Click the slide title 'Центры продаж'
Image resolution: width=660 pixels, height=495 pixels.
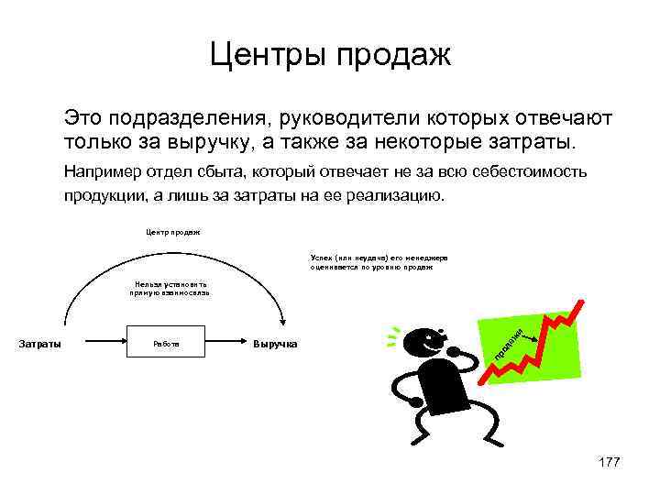[330, 56]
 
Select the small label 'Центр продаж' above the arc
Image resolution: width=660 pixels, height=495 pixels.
[173, 232]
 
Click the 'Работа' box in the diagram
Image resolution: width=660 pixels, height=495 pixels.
[165, 345]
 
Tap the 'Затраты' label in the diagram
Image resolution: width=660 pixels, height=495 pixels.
[40, 345]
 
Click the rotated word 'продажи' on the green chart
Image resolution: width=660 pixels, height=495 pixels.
[503, 344]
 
